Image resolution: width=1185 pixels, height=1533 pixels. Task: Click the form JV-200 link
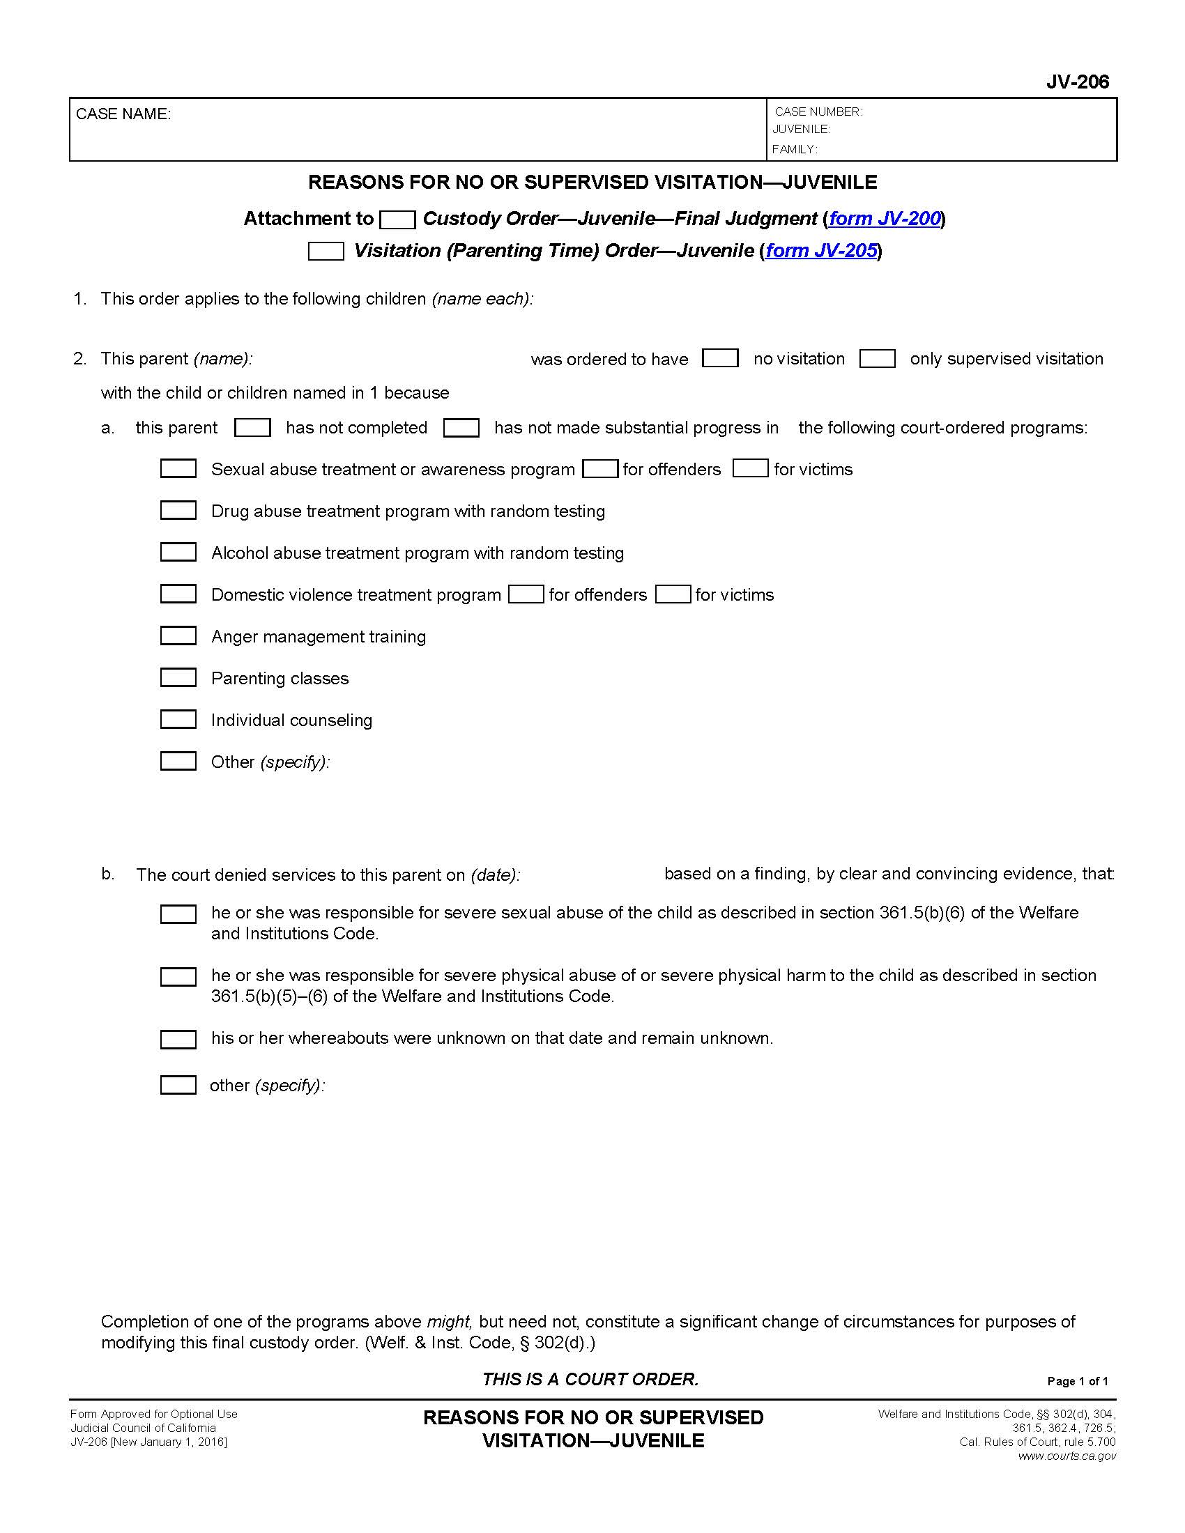(x=885, y=219)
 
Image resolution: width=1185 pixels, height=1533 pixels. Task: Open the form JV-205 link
(x=820, y=251)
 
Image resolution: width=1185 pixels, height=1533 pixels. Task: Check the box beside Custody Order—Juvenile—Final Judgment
(x=397, y=219)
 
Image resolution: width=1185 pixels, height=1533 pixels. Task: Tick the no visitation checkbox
(x=720, y=359)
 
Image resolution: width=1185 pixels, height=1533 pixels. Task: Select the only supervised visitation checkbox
(x=878, y=359)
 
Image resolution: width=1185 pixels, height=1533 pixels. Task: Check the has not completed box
(x=253, y=427)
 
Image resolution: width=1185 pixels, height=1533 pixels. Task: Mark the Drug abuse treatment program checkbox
(x=178, y=510)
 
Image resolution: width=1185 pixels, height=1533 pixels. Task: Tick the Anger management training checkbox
(x=178, y=636)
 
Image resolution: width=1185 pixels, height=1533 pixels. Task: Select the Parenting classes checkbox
(x=178, y=677)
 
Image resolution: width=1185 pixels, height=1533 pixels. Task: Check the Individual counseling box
(x=178, y=720)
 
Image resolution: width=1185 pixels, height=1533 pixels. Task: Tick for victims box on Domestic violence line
(x=673, y=594)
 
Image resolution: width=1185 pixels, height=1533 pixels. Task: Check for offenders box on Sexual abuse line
(x=601, y=469)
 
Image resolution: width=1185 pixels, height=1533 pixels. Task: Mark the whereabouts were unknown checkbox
(x=178, y=1040)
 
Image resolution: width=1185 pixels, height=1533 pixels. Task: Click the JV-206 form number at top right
(x=1077, y=82)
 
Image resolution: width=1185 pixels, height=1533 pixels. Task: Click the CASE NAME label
(x=123, y=114)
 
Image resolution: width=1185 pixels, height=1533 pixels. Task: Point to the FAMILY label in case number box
(x=794, y=150)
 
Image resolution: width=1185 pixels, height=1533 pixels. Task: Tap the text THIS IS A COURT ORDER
(x=590, y=1379)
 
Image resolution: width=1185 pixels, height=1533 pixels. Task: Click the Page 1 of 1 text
(x=1078, y=1381)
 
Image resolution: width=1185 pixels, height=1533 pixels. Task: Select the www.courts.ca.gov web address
(x=1066, y=1456)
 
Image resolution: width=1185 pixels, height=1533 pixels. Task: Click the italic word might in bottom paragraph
(x=448, y=1322)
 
